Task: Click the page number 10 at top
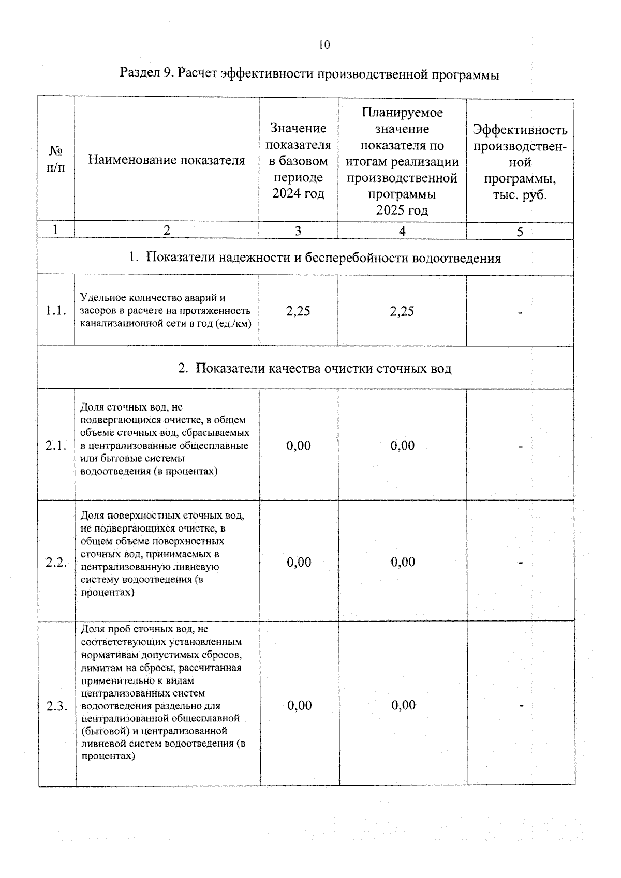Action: click(324, 44)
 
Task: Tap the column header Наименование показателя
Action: click(166, 160)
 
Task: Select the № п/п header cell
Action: click(56, 159)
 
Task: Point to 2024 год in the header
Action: click(298, 194)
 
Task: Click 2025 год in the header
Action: click(402, 210)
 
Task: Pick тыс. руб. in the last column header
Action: click(520, 195)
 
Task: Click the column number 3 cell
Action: click(298, 231)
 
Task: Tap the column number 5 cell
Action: click(520, 232)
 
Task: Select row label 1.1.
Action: click(56, 311)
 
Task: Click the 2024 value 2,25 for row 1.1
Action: click(298, 311)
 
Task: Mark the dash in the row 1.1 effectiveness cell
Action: click(520, 312)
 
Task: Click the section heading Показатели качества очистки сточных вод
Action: click(323, 368)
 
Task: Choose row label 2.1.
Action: click(56, 446)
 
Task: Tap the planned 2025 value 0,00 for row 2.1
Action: click(403, 446)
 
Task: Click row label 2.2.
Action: click(56, 563)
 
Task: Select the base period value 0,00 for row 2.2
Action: click(299, 563)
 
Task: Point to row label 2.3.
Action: click(57, 706)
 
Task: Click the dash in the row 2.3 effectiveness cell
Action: click(521, 706)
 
